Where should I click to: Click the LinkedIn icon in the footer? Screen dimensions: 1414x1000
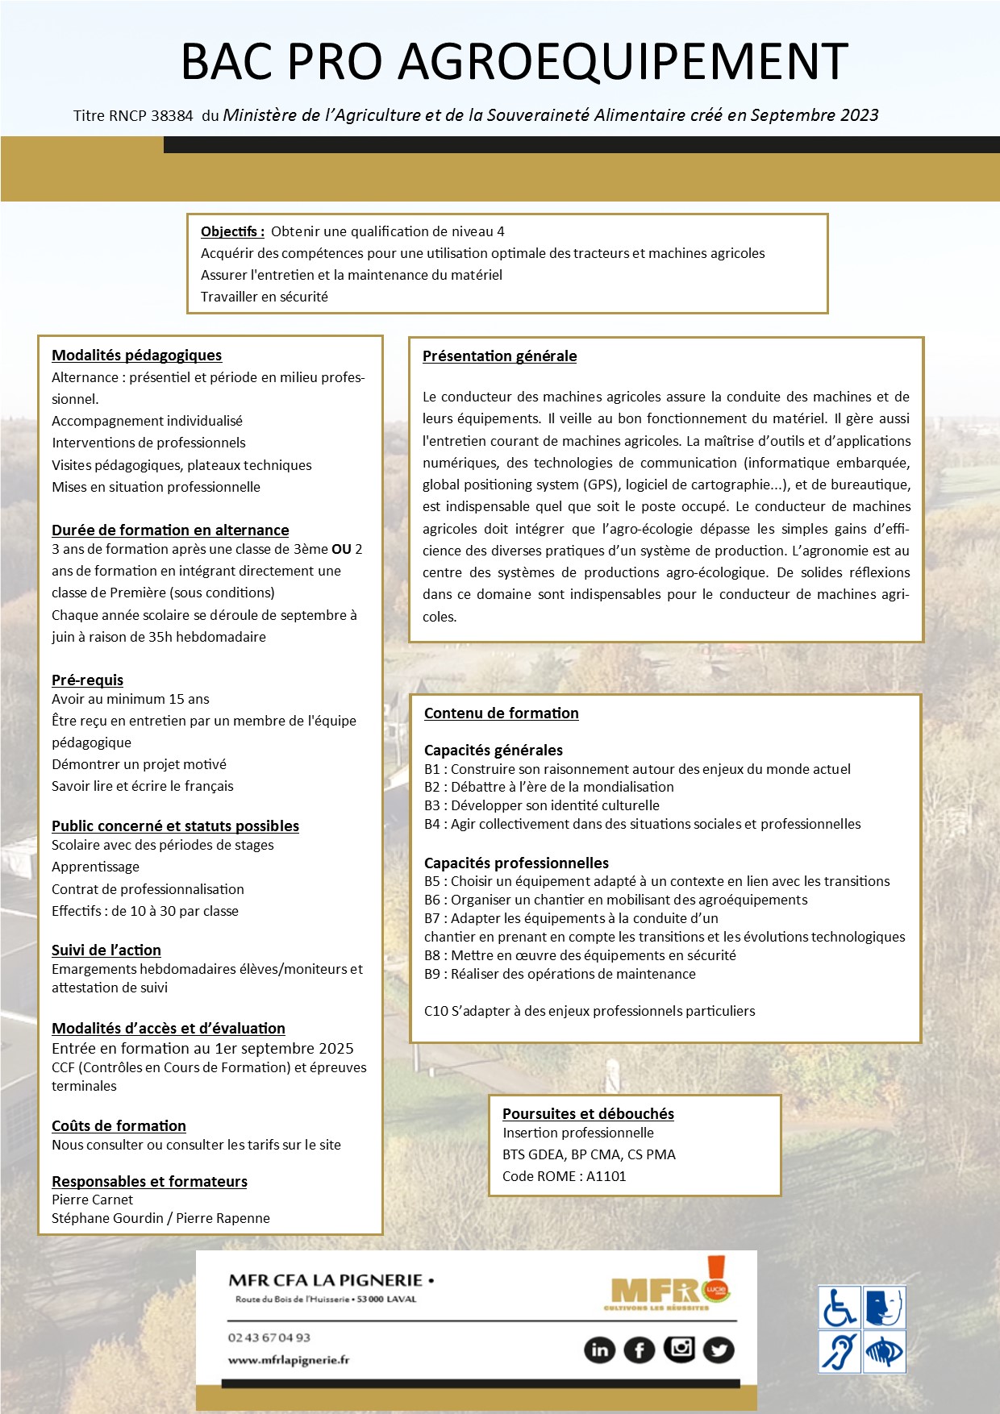599,1350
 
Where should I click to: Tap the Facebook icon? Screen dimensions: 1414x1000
640,1350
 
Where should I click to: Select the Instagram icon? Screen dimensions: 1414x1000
679,1348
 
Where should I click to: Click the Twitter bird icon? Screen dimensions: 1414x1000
719,1350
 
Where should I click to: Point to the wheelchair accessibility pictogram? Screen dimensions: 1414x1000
840,1308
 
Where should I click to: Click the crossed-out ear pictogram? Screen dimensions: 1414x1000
840,1351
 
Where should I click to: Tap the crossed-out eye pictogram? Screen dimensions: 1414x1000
885,1351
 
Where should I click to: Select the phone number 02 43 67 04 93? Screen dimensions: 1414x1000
269,1337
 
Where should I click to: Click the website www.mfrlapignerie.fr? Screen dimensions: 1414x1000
289,1360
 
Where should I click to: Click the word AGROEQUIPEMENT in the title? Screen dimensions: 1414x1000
623,61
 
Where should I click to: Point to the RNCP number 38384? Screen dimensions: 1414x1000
172,116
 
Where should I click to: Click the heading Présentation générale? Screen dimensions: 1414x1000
499,356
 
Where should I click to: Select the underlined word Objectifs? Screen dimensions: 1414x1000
232,232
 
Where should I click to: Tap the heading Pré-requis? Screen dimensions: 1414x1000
87,680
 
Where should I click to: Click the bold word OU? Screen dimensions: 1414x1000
341,549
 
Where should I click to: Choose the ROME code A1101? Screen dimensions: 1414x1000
606,1176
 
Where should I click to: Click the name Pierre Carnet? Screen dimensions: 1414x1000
92,1200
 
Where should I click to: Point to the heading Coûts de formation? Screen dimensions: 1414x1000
119,1125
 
